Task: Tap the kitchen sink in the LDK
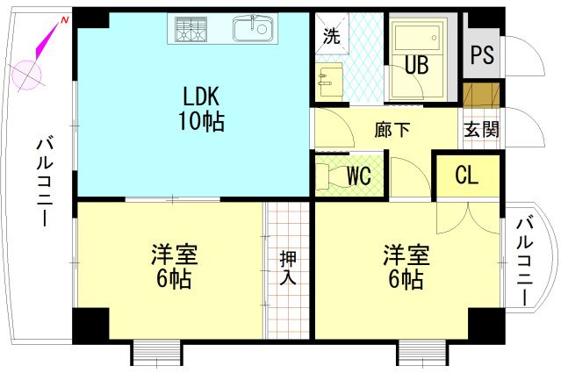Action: [253, 29]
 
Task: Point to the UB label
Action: [415, 66]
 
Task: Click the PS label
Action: [481, 54]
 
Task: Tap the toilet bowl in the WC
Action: [327, 175]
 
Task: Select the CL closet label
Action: [466, 176]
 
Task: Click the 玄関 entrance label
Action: [481, 130]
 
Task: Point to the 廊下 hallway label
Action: [392, 130]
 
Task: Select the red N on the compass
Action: [63, 20]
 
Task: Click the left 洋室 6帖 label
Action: [174, 267]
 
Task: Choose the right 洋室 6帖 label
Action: [405, 267]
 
